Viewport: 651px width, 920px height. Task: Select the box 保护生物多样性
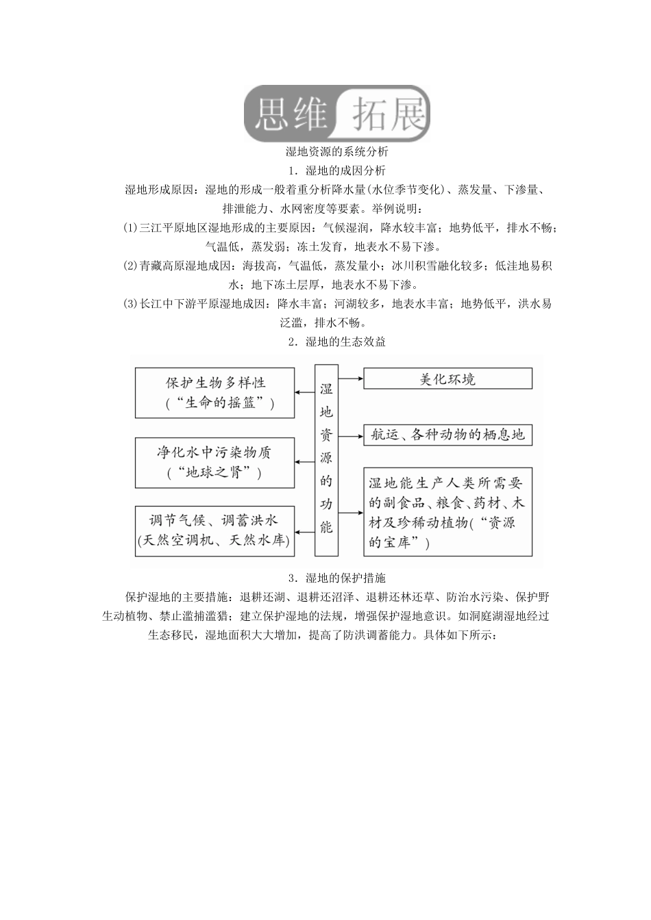coord(215,393)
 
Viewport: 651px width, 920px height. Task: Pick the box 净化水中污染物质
coord(215,462)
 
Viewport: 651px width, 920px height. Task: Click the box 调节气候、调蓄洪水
coord(215,531)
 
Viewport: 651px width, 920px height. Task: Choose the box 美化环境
coord(447,379)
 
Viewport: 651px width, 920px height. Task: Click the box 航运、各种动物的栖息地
coord(447,434)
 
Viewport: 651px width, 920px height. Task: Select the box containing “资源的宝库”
coord(447,511)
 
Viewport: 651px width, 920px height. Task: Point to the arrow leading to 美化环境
coord(350,377)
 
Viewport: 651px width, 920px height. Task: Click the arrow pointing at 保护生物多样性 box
coord(305,392)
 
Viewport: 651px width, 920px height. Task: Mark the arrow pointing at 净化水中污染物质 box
coord(305,462)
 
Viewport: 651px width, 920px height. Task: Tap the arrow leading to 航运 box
coord(350,434)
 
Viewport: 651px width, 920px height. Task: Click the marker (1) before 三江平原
coord(130,228)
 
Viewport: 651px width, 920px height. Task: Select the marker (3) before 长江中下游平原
coord(130,304)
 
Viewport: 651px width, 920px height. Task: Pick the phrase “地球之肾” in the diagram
coord(215,472)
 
